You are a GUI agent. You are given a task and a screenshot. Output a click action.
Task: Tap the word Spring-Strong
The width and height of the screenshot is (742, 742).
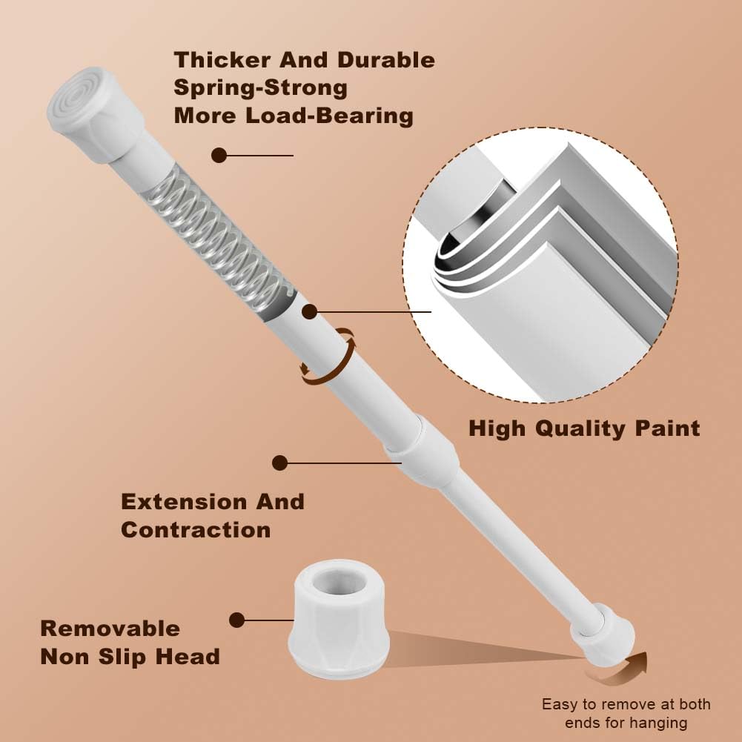(260, 87)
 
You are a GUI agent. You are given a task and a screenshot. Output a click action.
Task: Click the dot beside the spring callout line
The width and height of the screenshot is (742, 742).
(219, 155)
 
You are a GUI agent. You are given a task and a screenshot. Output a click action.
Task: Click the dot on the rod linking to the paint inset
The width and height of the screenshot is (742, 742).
(308, 312)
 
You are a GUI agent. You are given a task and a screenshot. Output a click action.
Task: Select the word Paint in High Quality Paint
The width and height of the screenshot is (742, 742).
(663, 428)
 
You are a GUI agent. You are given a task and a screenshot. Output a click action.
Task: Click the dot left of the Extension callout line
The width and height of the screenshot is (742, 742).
(279, 463)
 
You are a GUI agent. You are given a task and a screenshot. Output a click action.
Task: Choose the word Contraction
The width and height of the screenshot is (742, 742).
(196, 530)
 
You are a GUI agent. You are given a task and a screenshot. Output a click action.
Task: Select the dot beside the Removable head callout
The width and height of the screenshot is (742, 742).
(237, 620)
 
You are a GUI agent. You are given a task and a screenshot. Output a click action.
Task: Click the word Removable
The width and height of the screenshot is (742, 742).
(110, 629)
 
